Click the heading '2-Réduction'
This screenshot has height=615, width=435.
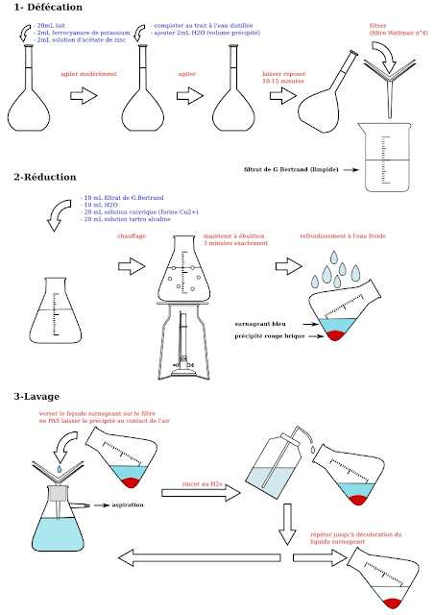(45, 178)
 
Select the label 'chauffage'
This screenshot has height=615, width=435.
(131, 235)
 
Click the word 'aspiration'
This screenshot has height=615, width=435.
(128, 504)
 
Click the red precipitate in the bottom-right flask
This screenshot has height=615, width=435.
(391, 601)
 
